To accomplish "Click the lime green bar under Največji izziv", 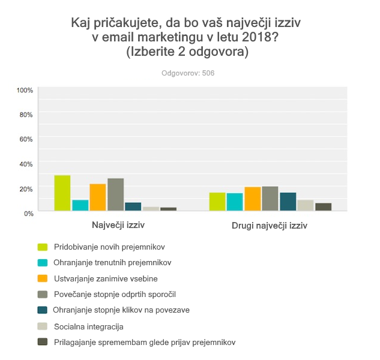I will [x=62, y=193].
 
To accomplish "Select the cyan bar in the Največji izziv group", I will [x=80, y=205].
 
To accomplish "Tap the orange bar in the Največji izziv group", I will [x=98, y=197].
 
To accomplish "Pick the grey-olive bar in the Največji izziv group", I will [x=115, y=194].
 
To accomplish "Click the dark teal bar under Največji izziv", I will [x=133, y=206].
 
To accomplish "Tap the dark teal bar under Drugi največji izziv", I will [x=288, y=202].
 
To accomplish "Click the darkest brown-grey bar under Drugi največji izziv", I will [x=324, y=207].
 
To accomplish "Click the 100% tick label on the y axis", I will [x=25, y=90].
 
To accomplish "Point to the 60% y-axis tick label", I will [x=26, y=139].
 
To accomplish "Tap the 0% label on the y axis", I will [x=29, y=213].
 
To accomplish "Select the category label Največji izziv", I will [x=118, y=226].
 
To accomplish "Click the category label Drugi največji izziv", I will [x=270, y=227].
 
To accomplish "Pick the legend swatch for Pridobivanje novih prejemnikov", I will [x=43, y=247].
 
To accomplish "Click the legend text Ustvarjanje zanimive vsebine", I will [x=106, y=278].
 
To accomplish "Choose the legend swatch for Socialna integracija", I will [x=43, y=326].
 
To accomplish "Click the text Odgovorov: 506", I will [x=188, y=73].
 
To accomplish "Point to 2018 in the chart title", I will [x=256, y=38].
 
